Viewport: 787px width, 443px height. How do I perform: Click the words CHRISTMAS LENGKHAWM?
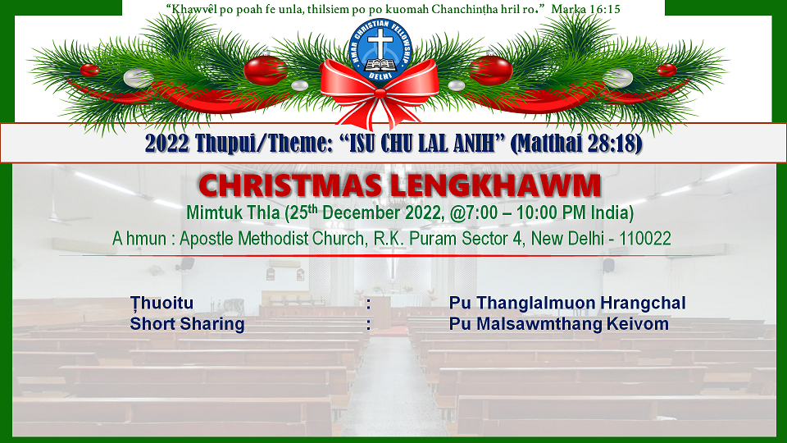tap(399, 185)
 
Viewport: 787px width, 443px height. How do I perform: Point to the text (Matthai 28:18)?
tap(576, 144)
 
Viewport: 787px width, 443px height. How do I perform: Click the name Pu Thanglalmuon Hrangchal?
tap(567, 303)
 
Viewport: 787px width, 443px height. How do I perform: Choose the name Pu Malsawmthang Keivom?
tap(558, 324)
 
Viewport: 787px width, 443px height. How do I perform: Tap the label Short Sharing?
tap(187, 324)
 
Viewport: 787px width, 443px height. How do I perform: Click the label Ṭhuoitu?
tap(161, 303)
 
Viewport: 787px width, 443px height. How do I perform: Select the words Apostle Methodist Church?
tap(272, 238)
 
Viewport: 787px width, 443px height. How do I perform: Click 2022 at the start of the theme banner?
tap(167, 144)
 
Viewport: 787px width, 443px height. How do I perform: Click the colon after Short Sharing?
tap(368, 325)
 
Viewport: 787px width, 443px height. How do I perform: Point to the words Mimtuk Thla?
tap(234, 212)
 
